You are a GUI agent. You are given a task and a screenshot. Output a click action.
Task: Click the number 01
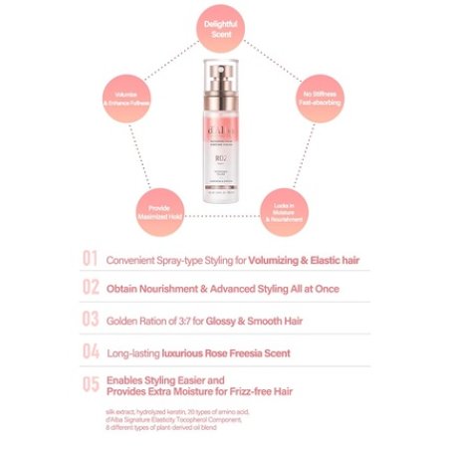click(91, 260)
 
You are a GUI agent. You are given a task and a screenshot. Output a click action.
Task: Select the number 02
click(91, 288)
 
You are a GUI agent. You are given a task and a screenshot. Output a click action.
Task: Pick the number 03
click(91, 320)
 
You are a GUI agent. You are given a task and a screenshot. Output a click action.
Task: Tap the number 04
click(91, 351)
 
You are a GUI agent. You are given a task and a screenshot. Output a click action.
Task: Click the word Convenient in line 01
click(136, 260)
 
